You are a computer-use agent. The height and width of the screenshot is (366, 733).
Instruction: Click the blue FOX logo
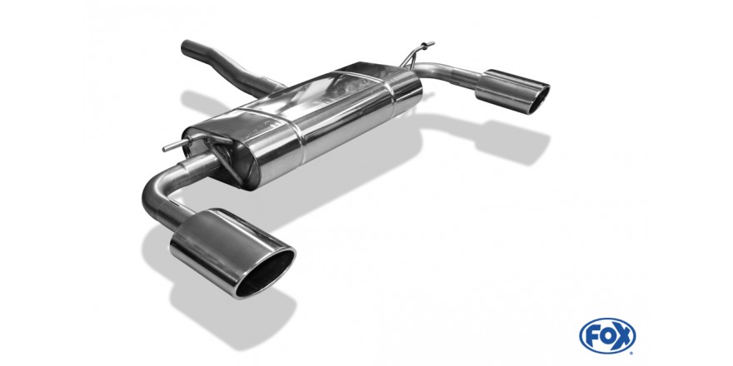pos(607,336)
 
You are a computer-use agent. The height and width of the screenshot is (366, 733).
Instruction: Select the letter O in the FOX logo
pos(607,336)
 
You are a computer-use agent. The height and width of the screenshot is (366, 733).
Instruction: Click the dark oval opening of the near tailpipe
pos(265,273)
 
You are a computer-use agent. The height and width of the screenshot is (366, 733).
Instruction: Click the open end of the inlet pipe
pos(185,47)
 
